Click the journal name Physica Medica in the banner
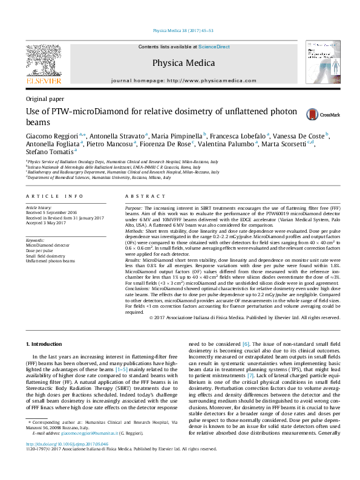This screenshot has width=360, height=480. click(x=183, y=63)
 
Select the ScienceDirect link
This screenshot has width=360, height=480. click(x=214, y=47)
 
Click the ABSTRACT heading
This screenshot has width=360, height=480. click(x=143, y=196)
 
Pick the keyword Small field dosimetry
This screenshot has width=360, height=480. click(x=45, y=256)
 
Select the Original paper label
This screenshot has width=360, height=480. click(x=45, y=99)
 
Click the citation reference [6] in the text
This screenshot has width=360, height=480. click(x=246, y=344)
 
